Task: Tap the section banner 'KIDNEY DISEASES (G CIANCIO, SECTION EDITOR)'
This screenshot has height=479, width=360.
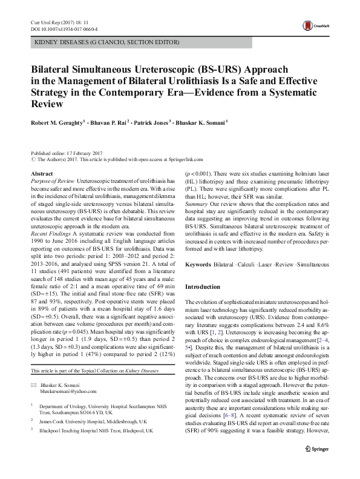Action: click(106, 43)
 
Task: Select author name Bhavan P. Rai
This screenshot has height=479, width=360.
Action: click(106, 122)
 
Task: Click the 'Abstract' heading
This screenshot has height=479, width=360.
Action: click(41, 174)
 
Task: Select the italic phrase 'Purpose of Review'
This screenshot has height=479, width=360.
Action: click(52, 181)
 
